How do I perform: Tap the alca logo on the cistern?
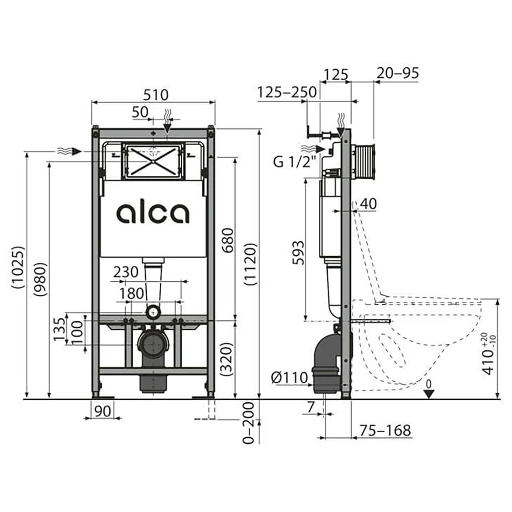153,213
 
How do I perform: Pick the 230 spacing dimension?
126,272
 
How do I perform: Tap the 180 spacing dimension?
131,294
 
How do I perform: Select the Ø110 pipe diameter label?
290,378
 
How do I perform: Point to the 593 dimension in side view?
298,253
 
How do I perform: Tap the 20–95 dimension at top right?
398,73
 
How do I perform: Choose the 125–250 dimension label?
287,92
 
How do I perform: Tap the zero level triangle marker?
430,393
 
